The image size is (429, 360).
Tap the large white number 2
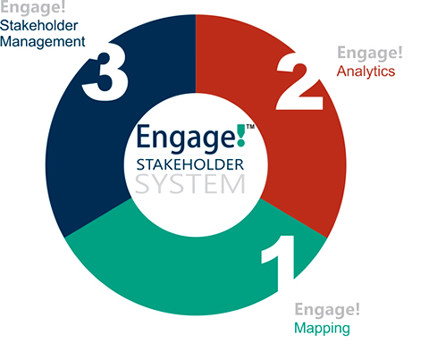tap(299, 82)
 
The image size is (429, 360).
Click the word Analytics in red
tap(366, 71)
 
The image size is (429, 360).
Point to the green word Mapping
tap(322, 329)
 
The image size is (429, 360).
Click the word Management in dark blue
tap(43, 42)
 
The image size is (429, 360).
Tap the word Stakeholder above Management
tap(39, 25)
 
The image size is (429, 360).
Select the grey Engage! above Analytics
tap(370, 54)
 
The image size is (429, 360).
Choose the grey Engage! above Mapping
tap(327, 310)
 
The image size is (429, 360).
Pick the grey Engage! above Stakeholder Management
tap(33, 6)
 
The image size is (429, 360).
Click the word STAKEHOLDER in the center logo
tap(190, 165)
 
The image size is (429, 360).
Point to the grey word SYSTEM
tap(190, 184)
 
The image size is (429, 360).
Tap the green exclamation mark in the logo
tap(241, 136)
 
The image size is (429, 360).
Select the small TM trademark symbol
tap(250, 127)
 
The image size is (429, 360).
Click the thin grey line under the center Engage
tap(191, 155)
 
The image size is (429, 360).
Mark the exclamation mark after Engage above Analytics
tap(400, 52)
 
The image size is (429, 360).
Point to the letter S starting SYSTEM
tap(142, 184)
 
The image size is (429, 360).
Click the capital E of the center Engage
tap(143, 137)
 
